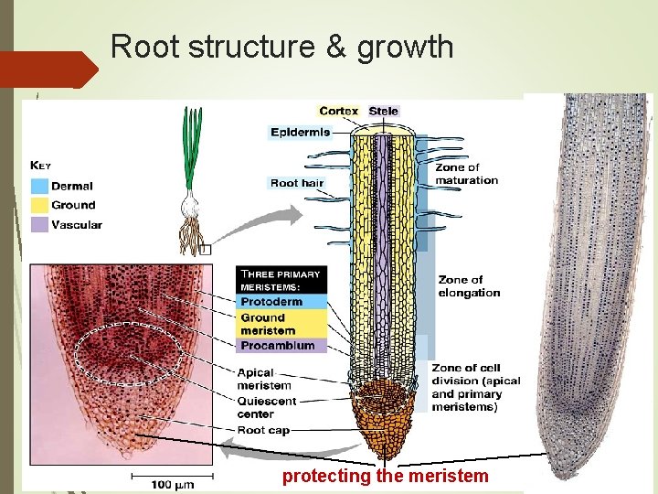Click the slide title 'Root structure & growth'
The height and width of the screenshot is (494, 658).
point(281,47)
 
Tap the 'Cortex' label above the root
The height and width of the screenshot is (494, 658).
point(338,111)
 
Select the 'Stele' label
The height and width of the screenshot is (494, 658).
point(384,111)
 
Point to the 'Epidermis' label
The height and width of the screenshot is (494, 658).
point(300,132)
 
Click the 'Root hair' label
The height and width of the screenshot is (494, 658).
point(297,183)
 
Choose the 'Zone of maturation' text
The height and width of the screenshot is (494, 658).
point(466,174)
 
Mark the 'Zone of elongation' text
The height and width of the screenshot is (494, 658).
point(469,286)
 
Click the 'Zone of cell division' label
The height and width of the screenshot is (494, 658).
point(476,387)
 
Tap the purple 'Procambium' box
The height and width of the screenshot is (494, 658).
point(277,346)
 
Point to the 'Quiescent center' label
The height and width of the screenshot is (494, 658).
point(267,407)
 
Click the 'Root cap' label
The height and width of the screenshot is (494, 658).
point(264,429)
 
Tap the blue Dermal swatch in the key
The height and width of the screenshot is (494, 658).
point(39,185)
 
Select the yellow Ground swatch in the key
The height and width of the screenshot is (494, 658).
point(39,205)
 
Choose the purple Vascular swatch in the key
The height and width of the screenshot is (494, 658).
point(39,224)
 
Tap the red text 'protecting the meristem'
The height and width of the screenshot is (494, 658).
point(386,476)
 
